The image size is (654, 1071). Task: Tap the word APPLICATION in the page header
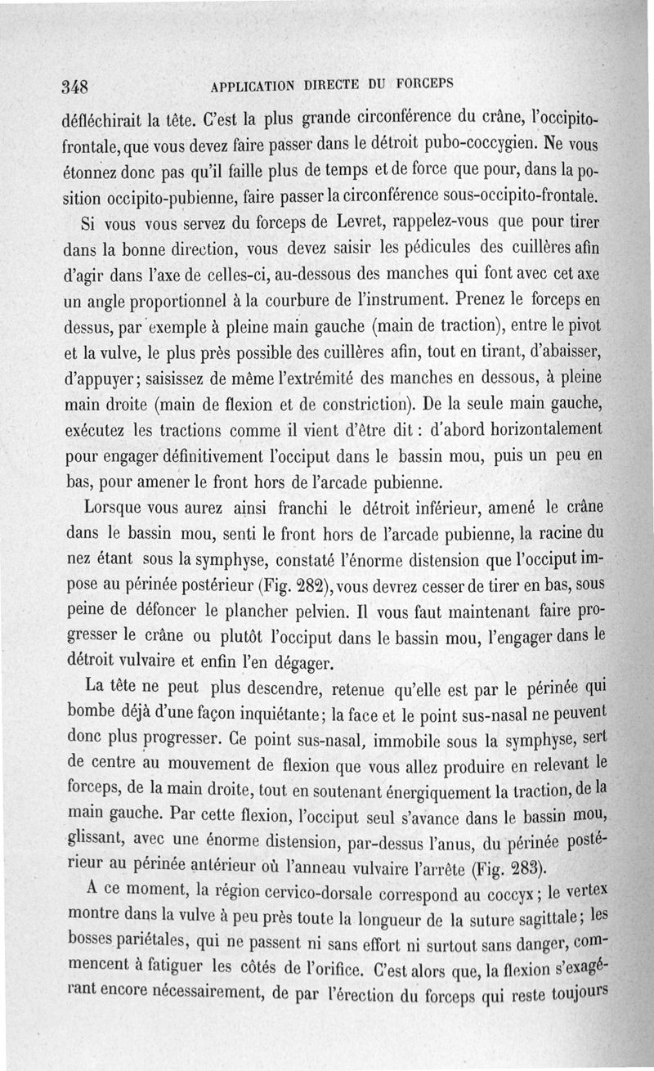(253, 83)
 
